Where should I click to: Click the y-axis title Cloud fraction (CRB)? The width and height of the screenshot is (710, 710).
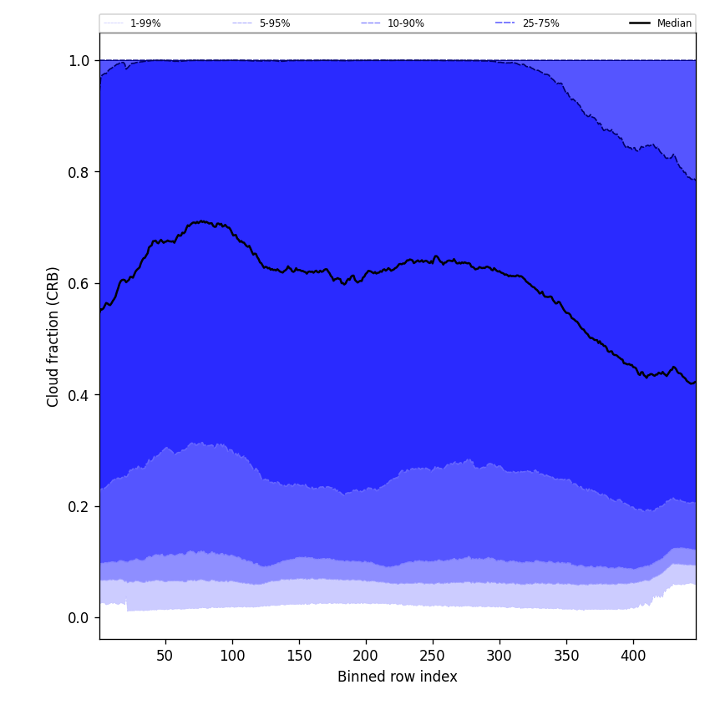click(53, 337)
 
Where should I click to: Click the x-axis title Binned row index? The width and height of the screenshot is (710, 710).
click(398, 677)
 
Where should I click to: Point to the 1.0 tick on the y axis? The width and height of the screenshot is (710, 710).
click(79, 61)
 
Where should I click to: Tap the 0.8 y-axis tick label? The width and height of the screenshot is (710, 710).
click(79, 172)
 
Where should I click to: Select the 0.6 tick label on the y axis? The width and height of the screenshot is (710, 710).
click(79, 284)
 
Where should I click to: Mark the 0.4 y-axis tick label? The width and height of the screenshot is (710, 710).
click(79, 395)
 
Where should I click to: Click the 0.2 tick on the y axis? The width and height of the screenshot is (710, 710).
click(79, 506)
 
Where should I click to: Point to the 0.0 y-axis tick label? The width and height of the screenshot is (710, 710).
click(79, 618)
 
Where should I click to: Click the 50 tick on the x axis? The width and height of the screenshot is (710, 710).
click(165, 656)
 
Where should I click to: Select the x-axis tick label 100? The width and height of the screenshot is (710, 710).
click(232, 656)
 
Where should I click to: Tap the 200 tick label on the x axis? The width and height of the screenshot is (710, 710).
click(366, 656)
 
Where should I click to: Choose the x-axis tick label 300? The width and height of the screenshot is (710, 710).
click(500, 656)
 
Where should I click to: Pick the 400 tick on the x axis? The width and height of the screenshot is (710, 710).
click(633, 656)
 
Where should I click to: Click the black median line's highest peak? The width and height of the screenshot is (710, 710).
click(201, 221)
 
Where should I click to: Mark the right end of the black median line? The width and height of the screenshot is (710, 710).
click(695, 383)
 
